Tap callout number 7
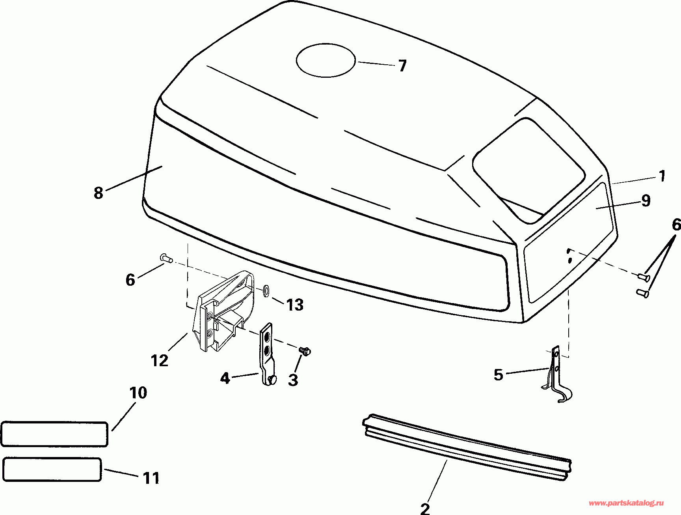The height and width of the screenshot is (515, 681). click(402, 66)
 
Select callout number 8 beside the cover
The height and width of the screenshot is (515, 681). click(99, 193)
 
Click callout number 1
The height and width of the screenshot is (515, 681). click(662, 176)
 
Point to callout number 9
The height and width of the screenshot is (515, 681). click(646, 201)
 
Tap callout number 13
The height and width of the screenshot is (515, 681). click(295, 305)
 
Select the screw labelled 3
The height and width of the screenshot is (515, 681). click(304, 350)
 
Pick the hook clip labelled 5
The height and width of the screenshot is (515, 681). click(556, 375)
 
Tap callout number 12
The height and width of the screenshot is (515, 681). click(160, 360)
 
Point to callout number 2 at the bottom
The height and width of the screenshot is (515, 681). click(425, 509)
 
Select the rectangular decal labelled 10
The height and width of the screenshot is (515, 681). click(54, 434)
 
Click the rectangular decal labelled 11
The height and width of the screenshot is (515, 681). click(52, 470)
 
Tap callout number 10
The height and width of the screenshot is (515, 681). click(138, 393)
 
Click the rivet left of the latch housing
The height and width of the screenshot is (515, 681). click(166, 258)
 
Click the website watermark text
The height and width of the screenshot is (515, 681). click(626, 503)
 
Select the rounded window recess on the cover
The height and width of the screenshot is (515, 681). click(528, 170)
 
